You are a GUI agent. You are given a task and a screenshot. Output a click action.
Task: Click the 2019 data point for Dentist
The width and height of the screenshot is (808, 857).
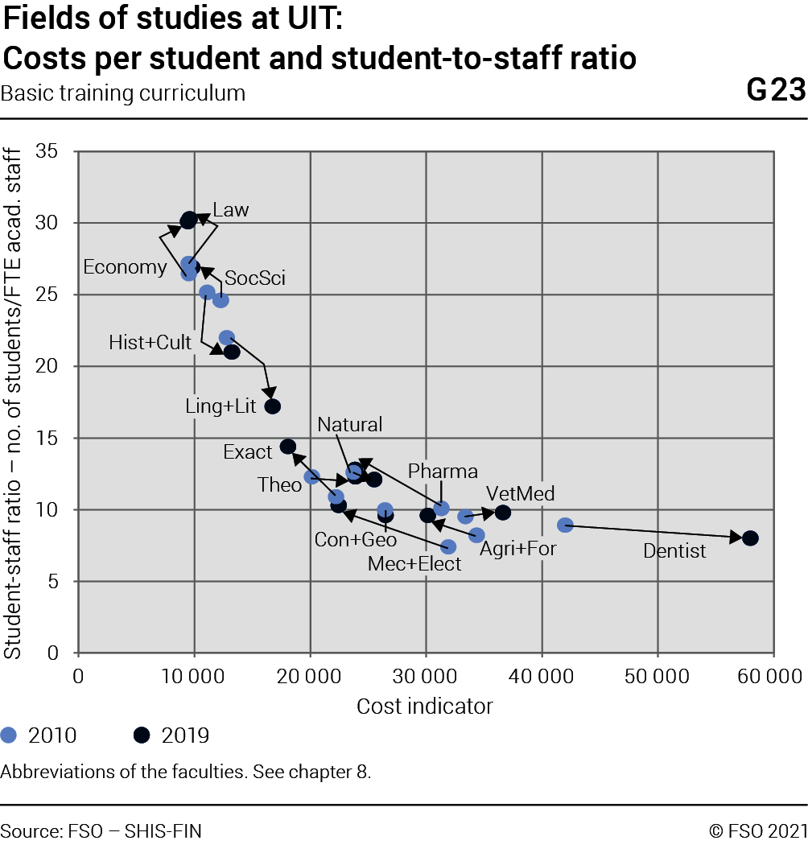751,538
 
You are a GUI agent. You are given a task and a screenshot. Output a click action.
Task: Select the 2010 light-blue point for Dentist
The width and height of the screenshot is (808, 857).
565,525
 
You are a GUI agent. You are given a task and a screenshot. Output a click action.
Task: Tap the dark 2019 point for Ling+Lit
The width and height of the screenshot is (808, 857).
273,406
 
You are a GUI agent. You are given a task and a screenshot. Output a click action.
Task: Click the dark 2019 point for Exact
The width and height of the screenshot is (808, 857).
288,447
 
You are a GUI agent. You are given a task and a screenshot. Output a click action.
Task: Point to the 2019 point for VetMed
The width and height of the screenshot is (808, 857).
503,513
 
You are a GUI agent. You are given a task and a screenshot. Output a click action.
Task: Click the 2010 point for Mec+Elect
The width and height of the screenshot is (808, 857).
448,546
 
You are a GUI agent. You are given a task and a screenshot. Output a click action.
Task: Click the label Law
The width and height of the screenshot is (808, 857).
231,210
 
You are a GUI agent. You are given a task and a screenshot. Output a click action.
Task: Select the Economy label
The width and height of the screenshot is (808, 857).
126,267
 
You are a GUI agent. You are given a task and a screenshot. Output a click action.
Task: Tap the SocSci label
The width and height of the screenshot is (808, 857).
255,278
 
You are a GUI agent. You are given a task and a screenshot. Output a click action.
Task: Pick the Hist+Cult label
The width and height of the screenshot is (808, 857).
150,343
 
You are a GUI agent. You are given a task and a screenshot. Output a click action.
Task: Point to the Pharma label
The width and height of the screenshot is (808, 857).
443,471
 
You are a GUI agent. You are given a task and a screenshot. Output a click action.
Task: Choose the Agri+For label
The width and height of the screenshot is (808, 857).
518,549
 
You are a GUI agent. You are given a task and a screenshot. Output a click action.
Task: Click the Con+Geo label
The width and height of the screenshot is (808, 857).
356,540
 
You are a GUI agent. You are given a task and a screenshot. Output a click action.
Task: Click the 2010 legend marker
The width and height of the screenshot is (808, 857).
9,735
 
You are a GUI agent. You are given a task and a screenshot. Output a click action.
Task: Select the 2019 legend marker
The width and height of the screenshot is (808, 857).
142,735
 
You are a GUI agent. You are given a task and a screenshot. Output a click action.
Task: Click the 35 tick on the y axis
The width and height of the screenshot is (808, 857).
47,150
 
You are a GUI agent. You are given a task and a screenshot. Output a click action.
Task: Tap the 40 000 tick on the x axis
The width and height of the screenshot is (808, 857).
542,677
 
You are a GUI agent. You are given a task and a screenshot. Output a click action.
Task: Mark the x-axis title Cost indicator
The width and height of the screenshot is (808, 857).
425,707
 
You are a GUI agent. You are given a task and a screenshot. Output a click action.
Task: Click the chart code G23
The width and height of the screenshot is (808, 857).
777,89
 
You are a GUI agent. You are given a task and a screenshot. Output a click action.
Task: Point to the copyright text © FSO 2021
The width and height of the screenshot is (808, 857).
758,831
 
